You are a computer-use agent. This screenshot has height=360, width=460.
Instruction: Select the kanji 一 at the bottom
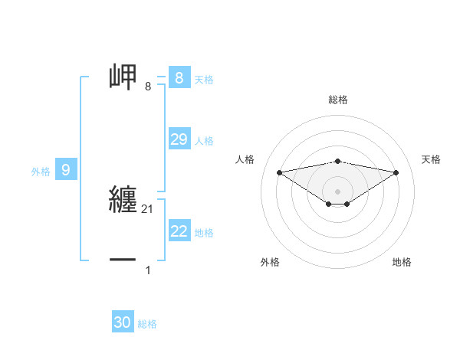tap(123, 260)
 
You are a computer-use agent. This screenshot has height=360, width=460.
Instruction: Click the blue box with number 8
tap(179, 77)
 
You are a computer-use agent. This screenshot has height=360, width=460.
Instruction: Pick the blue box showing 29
tap(179, 139)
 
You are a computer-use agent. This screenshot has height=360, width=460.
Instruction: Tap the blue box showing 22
tap(179, 231)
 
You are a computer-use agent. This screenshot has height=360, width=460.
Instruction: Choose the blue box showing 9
tap(66, 170)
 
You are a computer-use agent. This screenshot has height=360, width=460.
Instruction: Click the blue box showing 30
tap(123, 322)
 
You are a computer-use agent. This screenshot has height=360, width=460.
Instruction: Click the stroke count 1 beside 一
tap(148, 270)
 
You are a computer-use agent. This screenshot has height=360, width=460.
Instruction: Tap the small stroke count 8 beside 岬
tap(148, 86)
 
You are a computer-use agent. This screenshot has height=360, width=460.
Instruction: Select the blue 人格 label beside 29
tap(204, 141)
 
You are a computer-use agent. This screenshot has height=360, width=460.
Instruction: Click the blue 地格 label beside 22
tap(204, 233)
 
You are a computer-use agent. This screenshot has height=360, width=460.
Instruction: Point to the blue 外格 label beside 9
tap(41, 172)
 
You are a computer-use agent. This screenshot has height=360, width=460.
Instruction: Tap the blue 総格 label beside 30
tap(147, 324)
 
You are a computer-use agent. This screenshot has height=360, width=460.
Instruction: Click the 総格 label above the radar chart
tap(337, 100)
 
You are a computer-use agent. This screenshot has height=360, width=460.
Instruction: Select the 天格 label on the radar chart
tap(432, 159)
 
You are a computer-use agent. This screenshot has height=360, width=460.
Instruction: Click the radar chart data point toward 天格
tap(396, 172)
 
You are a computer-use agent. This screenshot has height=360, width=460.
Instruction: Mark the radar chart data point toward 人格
tap(279, 172)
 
